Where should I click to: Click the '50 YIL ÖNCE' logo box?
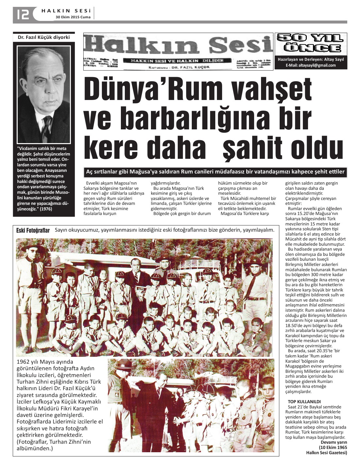click(311, 43)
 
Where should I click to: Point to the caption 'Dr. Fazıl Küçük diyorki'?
click(44, 37)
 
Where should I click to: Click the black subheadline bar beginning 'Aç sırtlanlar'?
click(215, 172)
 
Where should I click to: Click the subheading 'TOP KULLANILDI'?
click(304, 402)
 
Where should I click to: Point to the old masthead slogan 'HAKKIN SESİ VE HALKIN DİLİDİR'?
click(177, 60)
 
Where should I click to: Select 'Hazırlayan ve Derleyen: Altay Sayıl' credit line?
click(311, 59)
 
